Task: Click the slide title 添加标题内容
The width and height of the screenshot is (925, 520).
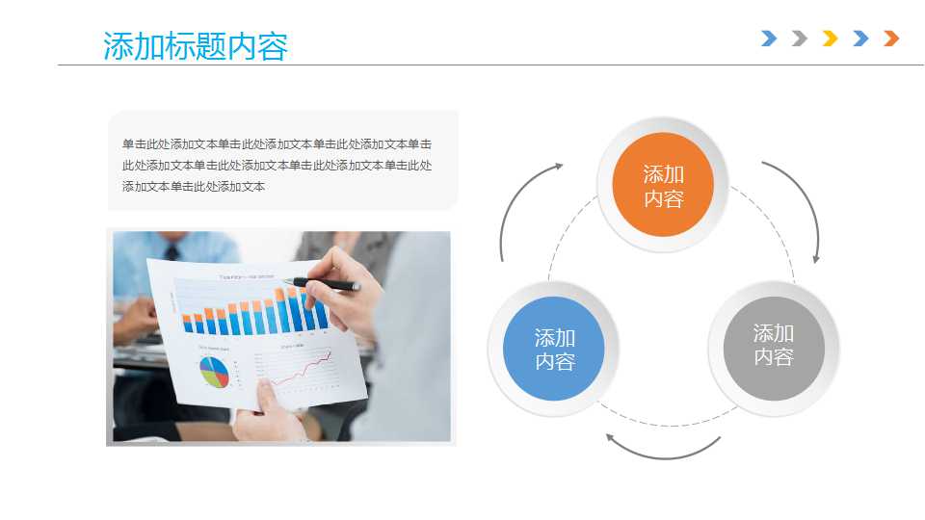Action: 196,46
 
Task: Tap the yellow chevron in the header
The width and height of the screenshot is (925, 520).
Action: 830,39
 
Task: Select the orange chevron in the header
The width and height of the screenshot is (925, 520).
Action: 891,39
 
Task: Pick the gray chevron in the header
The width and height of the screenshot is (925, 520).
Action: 799,39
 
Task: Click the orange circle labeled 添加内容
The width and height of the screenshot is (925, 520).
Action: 663,186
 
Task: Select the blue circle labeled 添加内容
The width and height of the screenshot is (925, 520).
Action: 554,349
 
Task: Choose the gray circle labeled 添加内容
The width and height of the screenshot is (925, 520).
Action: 773,345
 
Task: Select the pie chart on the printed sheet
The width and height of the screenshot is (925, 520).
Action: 214,371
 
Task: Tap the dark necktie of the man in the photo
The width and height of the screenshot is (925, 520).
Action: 172,251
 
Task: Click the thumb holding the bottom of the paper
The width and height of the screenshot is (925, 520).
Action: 265,395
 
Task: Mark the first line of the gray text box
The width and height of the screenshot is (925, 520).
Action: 277,143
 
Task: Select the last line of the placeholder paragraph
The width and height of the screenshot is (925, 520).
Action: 193,186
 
